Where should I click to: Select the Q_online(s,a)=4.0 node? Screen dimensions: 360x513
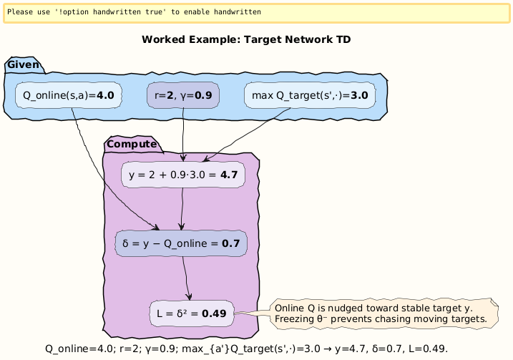coord(68,94)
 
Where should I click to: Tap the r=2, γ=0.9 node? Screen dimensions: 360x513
coord(182,94)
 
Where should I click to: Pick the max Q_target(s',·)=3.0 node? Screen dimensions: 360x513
coord(310,94)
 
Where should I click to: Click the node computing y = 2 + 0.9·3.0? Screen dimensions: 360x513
coord(183,174)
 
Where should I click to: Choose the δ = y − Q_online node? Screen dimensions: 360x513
coord(181,243)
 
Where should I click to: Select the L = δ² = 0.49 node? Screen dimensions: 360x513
coord(191,313)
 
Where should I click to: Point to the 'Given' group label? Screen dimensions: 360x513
coord(23,66)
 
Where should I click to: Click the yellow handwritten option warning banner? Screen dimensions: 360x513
coord(256,12)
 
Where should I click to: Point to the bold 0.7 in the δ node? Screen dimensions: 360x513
coord(230,243)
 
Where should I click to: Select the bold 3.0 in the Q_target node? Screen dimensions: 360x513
coord(358,94)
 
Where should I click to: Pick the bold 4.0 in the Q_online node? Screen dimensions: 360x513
coord(105,94)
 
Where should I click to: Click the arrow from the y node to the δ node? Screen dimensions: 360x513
coord(182,208)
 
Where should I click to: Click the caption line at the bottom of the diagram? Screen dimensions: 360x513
coord(246,349)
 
